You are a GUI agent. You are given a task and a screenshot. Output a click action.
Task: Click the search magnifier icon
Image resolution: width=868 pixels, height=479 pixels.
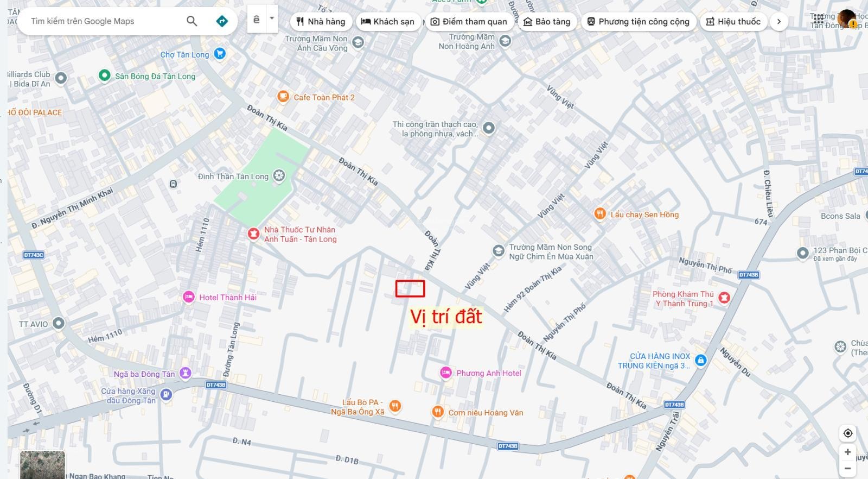tap(192, 21)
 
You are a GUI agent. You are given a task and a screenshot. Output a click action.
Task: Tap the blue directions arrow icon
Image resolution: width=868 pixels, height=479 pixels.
tap(222, 21)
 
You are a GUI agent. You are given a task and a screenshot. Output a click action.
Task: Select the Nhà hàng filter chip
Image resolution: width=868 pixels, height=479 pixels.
tap(321, 22)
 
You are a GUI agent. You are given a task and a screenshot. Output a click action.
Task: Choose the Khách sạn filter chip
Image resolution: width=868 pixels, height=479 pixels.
tap(387, 22)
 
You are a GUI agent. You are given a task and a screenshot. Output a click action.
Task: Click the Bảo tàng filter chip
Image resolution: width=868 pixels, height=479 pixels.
tap(547, 22)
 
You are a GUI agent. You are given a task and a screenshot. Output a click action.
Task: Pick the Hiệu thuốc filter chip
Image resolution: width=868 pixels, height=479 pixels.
tap(733, 22)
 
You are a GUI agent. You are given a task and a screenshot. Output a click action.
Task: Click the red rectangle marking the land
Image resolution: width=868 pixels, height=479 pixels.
tap(410, 288)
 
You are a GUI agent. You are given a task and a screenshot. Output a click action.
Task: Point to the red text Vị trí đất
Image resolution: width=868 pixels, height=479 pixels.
tap(445, 317)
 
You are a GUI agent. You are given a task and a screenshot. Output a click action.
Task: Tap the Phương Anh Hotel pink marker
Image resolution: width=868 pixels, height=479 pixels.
tap(445, 373)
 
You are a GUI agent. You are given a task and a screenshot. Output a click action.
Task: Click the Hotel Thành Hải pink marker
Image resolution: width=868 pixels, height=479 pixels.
tap(188, 297)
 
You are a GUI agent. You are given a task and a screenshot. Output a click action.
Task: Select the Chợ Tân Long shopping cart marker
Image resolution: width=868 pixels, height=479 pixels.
tap(220, 54)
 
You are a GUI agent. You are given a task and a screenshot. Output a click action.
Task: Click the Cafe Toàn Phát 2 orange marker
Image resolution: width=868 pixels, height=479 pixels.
tap(283, 97)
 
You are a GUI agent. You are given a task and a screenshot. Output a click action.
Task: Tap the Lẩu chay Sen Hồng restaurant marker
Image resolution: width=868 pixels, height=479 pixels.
tap(599, 214)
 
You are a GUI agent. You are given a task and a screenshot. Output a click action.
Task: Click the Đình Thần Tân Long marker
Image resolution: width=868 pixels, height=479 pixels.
tap(279, 175)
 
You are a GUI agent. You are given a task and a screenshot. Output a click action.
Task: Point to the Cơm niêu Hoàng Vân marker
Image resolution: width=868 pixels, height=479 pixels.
tap(438, 412)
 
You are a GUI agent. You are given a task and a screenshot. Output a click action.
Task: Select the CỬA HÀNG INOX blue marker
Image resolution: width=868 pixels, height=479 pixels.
tap(700, 361)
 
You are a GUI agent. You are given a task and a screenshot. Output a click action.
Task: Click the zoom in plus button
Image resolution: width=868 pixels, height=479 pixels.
tap(847, 452)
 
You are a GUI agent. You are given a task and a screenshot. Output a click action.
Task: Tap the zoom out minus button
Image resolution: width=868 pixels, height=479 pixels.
tap(847, 469)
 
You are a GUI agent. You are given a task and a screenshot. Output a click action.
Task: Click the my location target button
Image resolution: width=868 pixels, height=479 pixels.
tap(847, 433)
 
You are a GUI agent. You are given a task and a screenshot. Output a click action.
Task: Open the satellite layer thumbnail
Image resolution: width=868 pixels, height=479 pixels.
tap(42, 465)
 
